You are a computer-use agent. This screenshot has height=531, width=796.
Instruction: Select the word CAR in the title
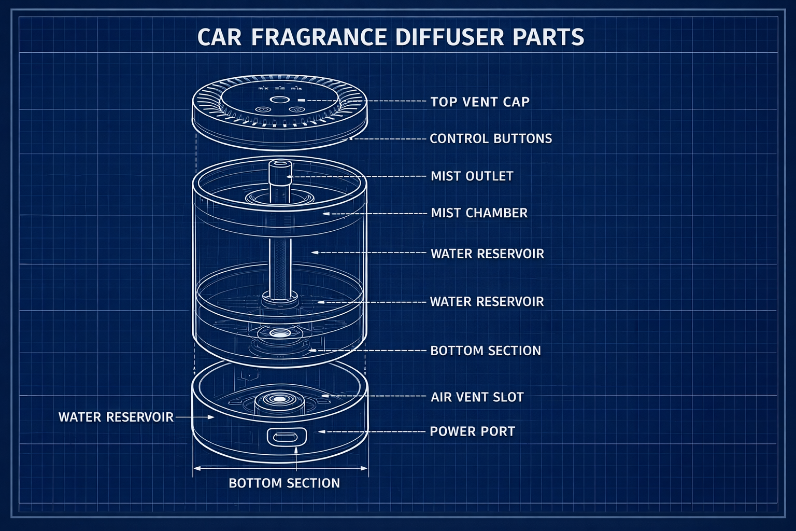click(219, 37)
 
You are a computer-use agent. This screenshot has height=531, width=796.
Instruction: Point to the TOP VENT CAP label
click(480, 102)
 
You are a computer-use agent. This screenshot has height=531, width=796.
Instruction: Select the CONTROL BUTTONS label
click(491, 138)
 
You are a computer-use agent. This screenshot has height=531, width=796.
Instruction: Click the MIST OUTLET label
click(472, 176)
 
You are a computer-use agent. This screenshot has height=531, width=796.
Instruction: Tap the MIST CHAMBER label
click(479, 213)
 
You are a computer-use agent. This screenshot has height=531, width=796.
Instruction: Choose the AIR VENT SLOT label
click(477, 397)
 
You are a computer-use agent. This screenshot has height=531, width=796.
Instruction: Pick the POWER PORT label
click(472, 431)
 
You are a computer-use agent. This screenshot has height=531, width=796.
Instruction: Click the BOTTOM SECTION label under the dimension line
click(284, 483)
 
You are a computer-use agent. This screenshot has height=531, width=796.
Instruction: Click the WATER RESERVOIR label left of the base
click(116, 417)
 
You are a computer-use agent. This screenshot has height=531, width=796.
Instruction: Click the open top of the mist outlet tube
click(280, 164)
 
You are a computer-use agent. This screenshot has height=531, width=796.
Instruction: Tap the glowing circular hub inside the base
click(279, 399)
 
